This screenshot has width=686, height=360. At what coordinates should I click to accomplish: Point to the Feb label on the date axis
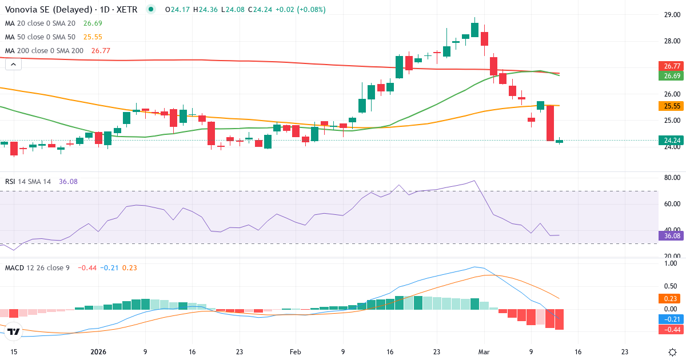(295, 352)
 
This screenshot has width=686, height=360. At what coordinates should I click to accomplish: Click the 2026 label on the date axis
(99, 352)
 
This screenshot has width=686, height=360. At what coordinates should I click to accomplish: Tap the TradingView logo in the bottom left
(14, 331)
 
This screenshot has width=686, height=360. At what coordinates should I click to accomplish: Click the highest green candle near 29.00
(474, 30)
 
